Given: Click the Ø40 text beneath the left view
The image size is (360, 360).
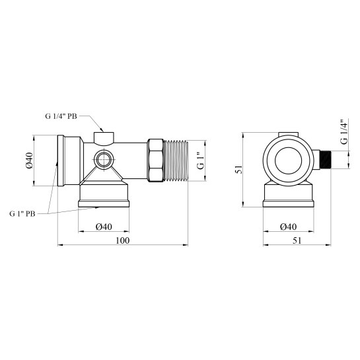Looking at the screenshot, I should coord(105,227).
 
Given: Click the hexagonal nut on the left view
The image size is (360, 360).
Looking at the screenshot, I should coord(155,161).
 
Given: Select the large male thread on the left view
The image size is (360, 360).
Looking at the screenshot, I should coord(176,161).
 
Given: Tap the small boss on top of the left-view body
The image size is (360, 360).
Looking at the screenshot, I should coord(104,137).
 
